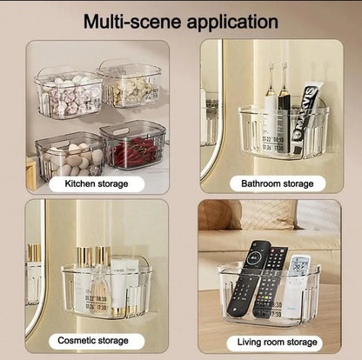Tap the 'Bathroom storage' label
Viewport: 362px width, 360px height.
276,183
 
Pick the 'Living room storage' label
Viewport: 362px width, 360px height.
276,342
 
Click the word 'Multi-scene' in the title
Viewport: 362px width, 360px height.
135,20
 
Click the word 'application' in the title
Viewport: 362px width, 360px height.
231,21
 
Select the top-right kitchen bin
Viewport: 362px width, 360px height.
131,85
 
